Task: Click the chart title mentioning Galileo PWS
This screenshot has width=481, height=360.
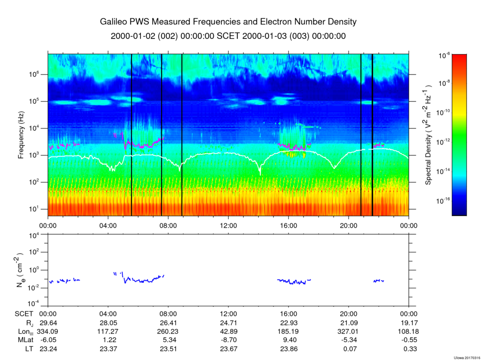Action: [228, 22]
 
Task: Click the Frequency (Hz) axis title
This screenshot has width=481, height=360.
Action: [21, 135]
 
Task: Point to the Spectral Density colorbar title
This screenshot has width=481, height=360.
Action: [428, 135]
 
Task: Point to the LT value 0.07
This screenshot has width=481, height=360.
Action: [348, 348]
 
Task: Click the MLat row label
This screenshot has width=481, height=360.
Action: [23, 340]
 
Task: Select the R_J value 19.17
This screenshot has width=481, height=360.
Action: [408, 323]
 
